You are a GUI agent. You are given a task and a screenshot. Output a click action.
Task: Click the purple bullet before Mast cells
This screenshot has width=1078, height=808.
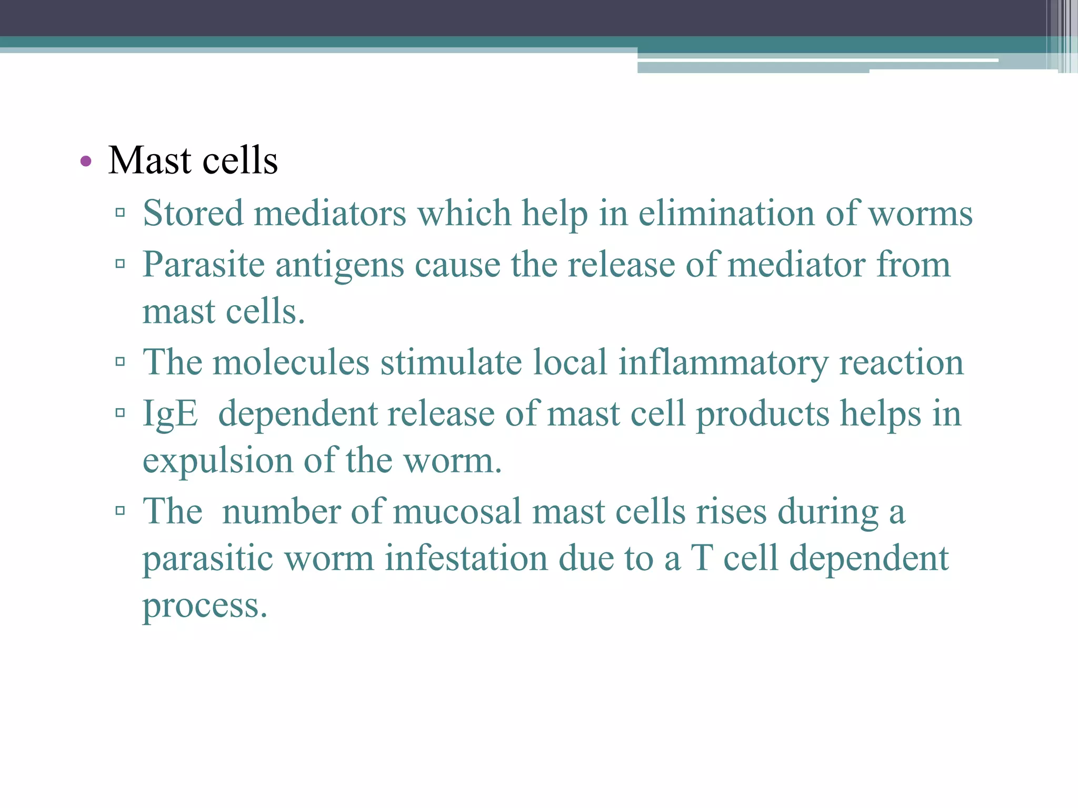click(86, 161)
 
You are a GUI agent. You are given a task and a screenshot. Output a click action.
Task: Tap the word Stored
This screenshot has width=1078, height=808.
click(193, 214)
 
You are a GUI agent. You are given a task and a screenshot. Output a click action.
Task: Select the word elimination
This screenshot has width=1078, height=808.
click(726, 214)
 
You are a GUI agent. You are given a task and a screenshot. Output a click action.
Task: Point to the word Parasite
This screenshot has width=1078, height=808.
click(203, 265)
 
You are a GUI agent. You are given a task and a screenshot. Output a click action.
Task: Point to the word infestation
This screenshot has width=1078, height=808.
click(466, 558)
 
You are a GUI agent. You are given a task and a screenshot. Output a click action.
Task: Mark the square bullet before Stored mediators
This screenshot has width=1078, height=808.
click(121, 213)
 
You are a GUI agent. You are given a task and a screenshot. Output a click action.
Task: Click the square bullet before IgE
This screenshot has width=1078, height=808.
click(121, 413)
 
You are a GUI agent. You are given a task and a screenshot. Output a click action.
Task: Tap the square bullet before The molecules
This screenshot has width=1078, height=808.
click(121, 362)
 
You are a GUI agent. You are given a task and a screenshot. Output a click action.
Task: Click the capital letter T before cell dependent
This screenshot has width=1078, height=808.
click(702, 558)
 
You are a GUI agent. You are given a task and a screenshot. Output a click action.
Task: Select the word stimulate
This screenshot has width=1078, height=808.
click(451, 362)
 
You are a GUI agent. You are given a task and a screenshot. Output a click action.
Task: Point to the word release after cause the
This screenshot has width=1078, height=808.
click(621, 265)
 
